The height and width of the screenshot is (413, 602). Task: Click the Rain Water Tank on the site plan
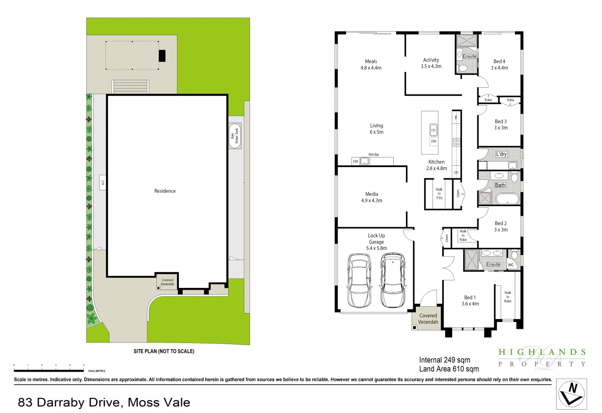coord(235,136)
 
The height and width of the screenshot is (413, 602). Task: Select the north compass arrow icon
coord(571,394)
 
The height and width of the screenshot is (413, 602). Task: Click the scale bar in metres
coord(49,370)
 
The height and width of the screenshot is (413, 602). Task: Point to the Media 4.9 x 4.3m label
coord(372,197)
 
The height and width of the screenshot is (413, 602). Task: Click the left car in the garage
coord(359,281)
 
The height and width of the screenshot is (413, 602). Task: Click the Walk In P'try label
coord(439,193)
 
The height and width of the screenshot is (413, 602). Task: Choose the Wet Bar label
coord(373,154)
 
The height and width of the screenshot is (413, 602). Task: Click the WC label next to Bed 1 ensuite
coord(511,265)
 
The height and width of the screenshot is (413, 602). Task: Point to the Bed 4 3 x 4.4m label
coord(499,65)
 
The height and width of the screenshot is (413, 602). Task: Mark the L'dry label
coord(501,154)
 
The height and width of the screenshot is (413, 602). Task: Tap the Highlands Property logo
coord(542,358)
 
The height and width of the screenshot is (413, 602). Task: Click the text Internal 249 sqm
coord(445,360)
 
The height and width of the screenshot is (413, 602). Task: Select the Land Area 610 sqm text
coord(449,369)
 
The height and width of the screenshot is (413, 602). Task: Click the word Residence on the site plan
coord(165,191)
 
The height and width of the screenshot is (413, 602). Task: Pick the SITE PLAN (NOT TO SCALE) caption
coord(164,351)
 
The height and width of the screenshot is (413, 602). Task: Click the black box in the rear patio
coord(162,56)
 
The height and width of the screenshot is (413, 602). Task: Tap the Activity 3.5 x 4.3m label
coord(431,63)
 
